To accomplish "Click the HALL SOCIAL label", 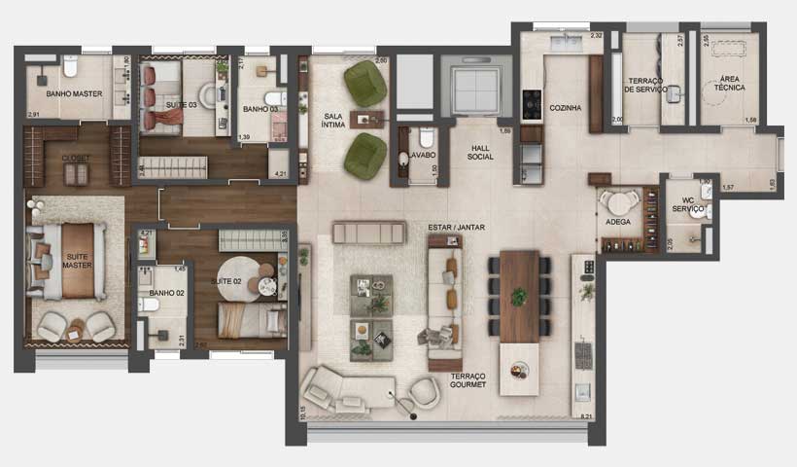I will [480, 152].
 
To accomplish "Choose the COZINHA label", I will [565, 108].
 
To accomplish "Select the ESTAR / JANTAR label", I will [456, 228].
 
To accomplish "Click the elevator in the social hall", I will [475, 88].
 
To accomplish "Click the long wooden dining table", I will [520, 295].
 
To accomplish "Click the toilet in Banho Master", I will [70, 68].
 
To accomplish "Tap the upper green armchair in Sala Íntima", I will [364, 85].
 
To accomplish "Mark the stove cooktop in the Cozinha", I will [532, 103].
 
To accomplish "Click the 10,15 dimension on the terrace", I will [303, 413].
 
